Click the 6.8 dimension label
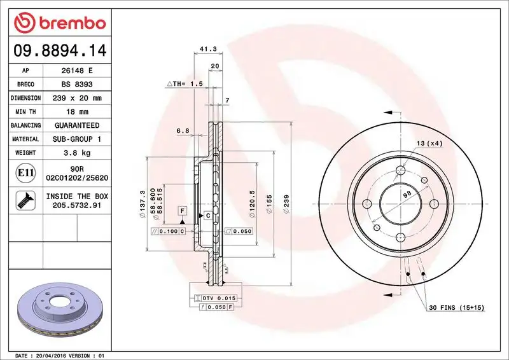(183, 131)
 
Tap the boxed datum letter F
(182, 210)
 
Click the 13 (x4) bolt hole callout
(430, 144)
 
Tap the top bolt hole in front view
(400, 170)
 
